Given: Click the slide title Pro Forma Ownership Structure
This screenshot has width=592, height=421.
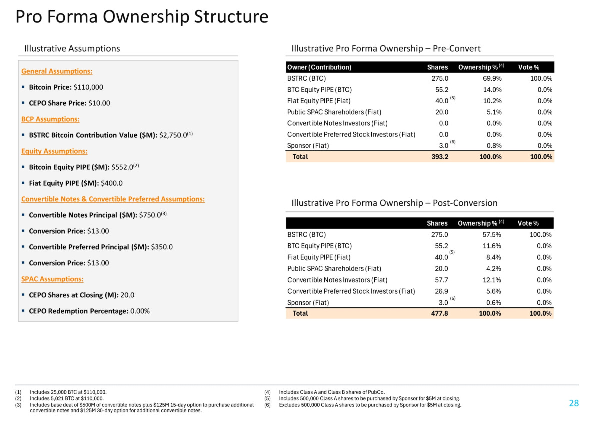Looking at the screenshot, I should click(142, 17).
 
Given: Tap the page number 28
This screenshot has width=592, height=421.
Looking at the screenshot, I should click(573, 403).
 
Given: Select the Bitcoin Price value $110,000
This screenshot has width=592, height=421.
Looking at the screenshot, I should click(88, 87).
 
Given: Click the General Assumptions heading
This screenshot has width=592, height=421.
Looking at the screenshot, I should click(57, 71).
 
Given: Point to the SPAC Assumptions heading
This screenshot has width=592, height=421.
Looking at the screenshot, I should click(52, 279).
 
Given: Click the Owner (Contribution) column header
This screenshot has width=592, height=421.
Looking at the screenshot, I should click(319, 67).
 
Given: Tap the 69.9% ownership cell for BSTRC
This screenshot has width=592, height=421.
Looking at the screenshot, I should click(492, 78).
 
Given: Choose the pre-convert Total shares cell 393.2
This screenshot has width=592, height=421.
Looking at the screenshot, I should click(439, 157).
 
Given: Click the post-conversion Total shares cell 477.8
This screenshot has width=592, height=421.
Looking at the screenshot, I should click(439, 313).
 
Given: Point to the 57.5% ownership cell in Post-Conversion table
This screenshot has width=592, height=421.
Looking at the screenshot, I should click(492, 234).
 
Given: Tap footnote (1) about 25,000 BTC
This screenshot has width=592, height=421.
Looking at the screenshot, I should click(68, 392).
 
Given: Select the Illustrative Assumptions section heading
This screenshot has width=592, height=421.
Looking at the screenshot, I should click(72, 48).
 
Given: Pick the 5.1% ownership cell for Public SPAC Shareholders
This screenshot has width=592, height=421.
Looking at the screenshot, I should click(494, 112).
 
